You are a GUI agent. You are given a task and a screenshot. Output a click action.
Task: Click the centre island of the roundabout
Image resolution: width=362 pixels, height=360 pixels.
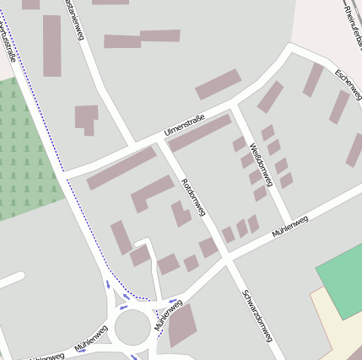point(132,328)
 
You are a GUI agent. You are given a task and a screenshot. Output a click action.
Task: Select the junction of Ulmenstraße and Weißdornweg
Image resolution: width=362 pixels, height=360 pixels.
point(235,107)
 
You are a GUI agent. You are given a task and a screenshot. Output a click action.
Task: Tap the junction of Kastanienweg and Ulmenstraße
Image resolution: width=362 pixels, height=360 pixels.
point(134,144)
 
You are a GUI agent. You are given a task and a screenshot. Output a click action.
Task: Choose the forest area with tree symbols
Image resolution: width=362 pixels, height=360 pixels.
point(25,152)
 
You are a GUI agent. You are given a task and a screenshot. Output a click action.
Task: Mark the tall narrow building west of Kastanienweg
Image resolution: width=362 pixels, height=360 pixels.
point(52,46)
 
